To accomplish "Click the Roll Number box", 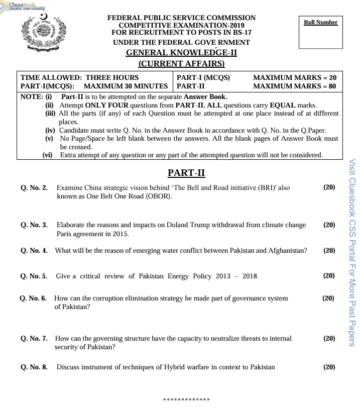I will coord(320,33).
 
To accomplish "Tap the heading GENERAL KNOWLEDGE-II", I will coord(181,53).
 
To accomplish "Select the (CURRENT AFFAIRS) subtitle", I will coord(181,63).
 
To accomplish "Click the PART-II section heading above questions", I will coord(186,173).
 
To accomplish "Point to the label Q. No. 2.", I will coord(34,188).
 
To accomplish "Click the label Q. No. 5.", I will coord(34,276).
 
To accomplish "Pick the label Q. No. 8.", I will coord(34,367).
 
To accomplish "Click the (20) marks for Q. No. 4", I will coord(329,250).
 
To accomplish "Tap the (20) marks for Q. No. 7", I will coord(329,338).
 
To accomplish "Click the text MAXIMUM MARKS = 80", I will coord(295,86).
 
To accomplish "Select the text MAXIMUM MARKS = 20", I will coord(295,77).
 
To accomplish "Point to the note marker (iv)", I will coord(50,130).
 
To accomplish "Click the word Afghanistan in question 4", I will coord(287,250).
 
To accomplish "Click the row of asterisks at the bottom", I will coord(186,400).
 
